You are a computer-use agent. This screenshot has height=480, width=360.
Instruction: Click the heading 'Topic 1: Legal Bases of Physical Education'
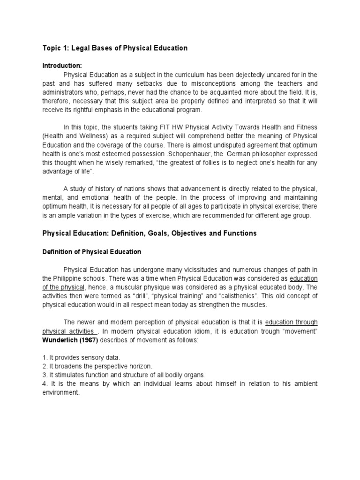[115, 48]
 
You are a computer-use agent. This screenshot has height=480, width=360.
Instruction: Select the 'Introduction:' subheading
[62, 66]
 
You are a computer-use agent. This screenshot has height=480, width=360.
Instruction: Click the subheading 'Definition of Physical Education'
[91, 252]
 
